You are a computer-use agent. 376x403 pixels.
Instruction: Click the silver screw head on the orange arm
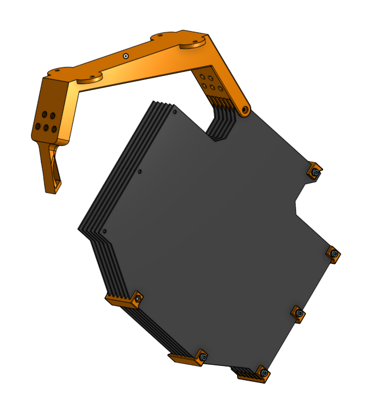coord(126,56)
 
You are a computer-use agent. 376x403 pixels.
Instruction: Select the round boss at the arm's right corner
coord(192,44)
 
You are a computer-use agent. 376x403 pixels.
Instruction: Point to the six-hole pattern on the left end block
coord(45,120)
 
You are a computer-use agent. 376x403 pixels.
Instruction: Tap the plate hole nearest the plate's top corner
coord(175,111)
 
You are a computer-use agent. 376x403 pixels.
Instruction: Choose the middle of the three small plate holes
coord(139,172)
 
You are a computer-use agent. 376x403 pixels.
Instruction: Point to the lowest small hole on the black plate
coord(104,232)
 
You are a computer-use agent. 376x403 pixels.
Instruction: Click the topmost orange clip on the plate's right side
coord(315,171)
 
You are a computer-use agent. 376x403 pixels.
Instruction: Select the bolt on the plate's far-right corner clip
coord(335,254)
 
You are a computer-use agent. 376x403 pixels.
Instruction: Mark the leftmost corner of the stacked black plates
coord(79,228)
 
